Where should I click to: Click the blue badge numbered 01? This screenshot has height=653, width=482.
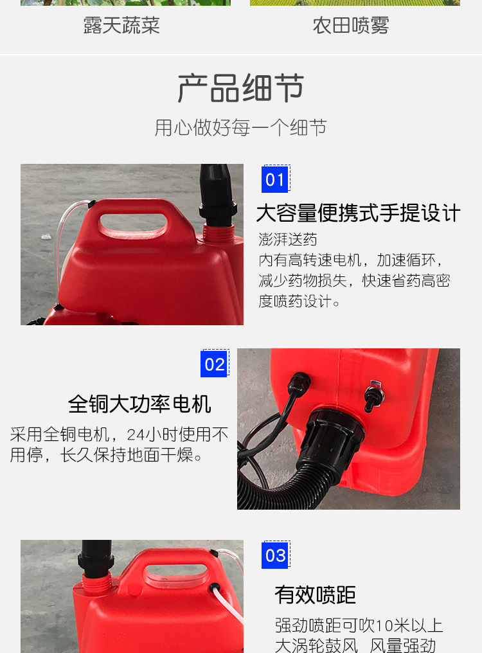pos(275,179)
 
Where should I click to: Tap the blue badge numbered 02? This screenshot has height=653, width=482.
pos(215,364)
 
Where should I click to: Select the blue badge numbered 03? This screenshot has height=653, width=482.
pos(275,555)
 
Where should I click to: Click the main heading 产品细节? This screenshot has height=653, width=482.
pos(241,89)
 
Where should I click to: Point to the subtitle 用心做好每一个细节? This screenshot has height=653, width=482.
pos(241,127)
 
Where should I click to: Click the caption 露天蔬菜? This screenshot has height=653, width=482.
pos(121,26)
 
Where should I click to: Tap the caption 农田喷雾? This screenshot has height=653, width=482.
pos(351,26)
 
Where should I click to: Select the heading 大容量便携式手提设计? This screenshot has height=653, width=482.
pos(359,213)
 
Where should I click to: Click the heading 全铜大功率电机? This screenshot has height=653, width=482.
pos(139,404)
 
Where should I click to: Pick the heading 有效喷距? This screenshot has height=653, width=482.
pos(315,595)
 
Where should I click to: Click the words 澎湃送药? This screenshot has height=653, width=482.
pos(288,240)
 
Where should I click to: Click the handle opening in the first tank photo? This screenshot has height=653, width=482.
pos(134,226)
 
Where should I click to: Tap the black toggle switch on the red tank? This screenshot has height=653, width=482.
pos(371,398)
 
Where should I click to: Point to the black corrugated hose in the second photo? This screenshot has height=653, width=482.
pos(270,482)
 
